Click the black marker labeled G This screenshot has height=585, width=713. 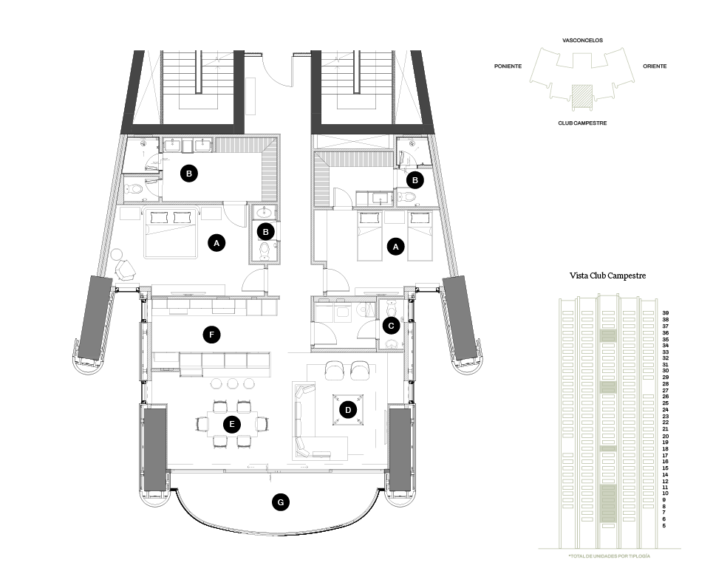click(x=279, y=502)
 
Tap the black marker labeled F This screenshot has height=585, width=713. click(x=212, y=335)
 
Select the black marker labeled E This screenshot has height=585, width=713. click(x=232, y=424)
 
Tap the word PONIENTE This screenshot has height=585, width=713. click(x=508, y=66)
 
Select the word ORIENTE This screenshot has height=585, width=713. click(x=655, y=66)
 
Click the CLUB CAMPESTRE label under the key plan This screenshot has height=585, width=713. click(x=582, y=123)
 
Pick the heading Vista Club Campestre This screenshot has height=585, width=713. click(x=608, y=276)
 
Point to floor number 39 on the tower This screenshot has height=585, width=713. click(x=666, y=313)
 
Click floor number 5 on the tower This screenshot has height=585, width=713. click(x=664, y=526)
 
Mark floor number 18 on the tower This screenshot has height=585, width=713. click(x=666, y=448)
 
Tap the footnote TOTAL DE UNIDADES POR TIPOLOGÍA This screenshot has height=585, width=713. click(x=609, y=555)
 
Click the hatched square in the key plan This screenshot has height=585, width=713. click(x=582, y=93)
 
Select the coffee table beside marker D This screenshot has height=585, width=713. click(x=347, y=408)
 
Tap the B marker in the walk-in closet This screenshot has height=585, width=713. click(x=189, y=174)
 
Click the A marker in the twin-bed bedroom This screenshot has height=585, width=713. click(x=396, y=247)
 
